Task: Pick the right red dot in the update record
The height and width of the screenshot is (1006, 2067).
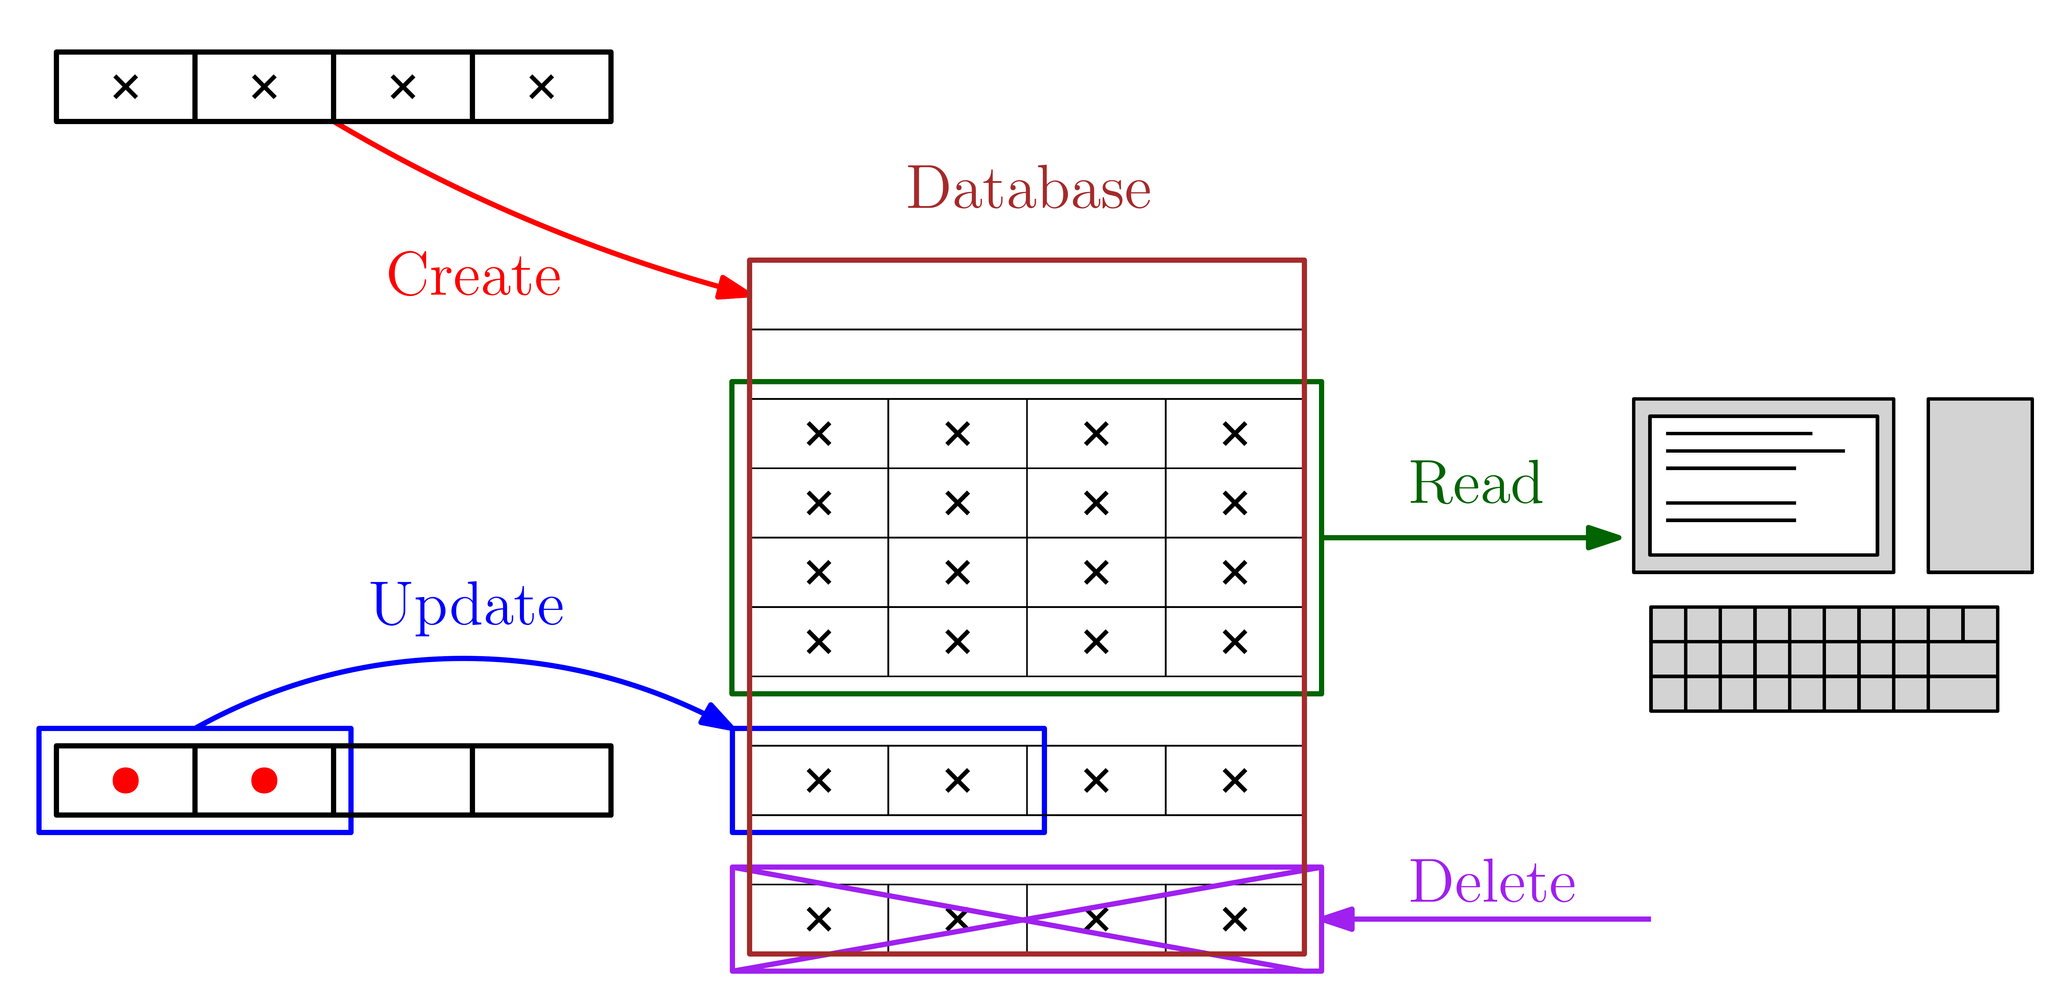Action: click(x=264, y=780)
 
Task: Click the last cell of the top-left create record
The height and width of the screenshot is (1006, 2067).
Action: click(x=542, y=87)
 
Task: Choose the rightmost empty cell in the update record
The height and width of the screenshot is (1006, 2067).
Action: click(x=542, y=780)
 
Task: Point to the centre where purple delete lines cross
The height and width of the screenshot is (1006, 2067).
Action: click(x=1026, y=919)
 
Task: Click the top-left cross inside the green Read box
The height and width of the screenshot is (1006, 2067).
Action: click(x=818, y=434)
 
